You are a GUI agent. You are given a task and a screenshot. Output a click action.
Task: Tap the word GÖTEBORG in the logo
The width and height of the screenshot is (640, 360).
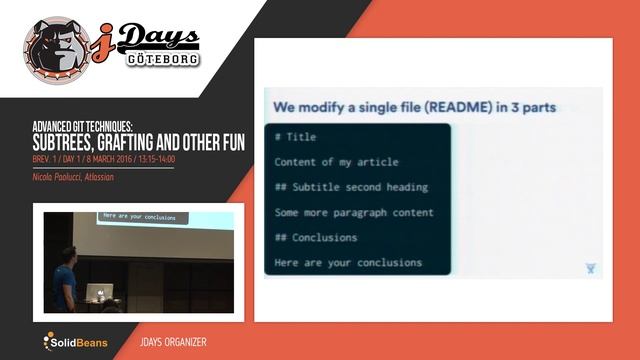163,57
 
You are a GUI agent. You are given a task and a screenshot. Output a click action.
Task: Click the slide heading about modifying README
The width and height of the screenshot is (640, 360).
410,107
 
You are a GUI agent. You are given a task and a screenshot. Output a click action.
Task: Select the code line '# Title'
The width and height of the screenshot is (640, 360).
294,137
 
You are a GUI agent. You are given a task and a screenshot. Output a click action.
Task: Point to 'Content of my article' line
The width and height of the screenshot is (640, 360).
336,162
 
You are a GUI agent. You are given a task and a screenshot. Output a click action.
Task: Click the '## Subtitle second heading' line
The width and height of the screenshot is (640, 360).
351,187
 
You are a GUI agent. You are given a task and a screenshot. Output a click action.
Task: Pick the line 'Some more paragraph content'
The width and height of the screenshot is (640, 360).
354,212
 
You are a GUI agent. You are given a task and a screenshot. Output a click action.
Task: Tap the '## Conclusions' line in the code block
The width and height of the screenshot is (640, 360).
315,237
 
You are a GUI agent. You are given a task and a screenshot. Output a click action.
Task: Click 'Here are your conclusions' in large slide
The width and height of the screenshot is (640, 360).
348,263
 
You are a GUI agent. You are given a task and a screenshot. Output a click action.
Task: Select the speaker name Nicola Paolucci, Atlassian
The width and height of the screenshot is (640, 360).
73,177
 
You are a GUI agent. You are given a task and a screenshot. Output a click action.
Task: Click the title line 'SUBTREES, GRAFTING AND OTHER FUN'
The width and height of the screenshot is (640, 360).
138,143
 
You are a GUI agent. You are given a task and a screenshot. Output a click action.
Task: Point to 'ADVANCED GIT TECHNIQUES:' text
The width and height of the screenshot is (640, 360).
82,127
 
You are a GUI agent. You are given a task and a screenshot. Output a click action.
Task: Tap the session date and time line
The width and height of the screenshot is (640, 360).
103,159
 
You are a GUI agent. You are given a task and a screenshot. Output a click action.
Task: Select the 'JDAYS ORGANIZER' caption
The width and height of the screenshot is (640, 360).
174,343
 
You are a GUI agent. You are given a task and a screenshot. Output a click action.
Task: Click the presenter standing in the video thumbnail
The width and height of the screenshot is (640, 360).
67,277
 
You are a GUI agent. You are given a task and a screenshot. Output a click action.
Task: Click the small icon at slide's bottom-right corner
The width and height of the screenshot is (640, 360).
591,268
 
